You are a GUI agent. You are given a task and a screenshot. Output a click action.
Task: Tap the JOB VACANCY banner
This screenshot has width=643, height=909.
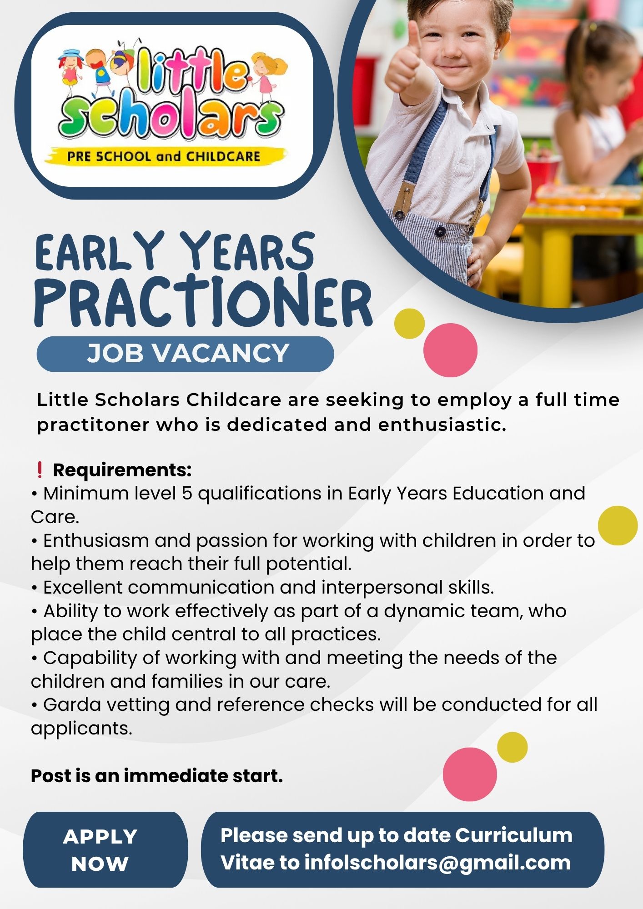click(185, 354)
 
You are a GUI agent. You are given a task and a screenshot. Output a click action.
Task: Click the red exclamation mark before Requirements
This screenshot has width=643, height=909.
click(40, 470)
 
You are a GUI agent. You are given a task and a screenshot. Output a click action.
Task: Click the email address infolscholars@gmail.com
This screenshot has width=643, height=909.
click(437, 863)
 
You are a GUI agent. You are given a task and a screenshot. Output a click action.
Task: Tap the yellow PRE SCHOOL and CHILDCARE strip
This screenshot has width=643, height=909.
click(166, 156)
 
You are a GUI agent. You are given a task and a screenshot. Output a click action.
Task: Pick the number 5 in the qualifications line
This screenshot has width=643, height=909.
click(186, 494)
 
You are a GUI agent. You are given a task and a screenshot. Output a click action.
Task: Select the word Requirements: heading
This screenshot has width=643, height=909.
click(122, 470)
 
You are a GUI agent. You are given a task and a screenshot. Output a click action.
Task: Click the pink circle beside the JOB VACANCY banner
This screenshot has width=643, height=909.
click(450, 350)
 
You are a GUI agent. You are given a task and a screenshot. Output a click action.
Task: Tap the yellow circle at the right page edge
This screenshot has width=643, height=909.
click(618, 525)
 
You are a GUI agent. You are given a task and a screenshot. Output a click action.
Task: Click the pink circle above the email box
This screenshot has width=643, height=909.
click(470, 774)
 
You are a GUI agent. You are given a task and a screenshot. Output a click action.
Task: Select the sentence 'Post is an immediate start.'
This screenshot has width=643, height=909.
click(157, 776)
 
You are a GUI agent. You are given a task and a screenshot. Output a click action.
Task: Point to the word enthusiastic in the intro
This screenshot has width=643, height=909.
click(442, 425)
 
